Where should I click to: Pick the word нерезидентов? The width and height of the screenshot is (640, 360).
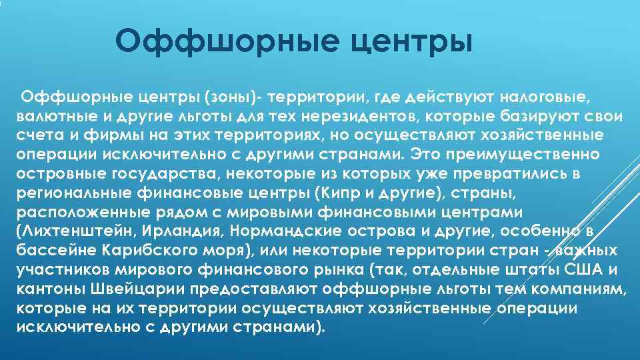350,117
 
